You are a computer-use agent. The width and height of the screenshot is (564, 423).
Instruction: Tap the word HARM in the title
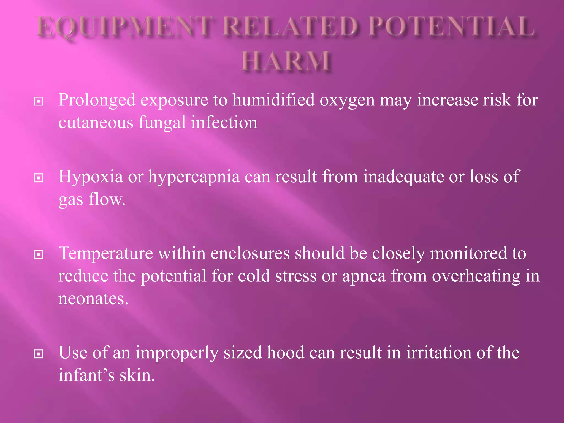[x=286, y=61]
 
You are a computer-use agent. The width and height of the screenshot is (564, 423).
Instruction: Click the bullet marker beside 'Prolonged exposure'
[x=38, y=101]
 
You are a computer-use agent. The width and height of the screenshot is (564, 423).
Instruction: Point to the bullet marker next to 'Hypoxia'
[x=38, y=178]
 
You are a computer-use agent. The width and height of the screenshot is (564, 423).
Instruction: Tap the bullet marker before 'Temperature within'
[x=38, y=255]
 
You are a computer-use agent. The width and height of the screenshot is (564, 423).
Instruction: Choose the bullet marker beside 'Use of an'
[x=38, y=354]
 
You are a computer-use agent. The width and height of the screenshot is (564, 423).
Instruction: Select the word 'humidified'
[x=273, y=100]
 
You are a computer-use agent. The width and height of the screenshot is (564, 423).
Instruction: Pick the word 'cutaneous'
[x=96, y=123]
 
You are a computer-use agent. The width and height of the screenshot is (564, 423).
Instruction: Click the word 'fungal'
[x=162, y=123]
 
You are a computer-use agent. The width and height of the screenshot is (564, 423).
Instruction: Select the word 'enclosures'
[x=250, y=253]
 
